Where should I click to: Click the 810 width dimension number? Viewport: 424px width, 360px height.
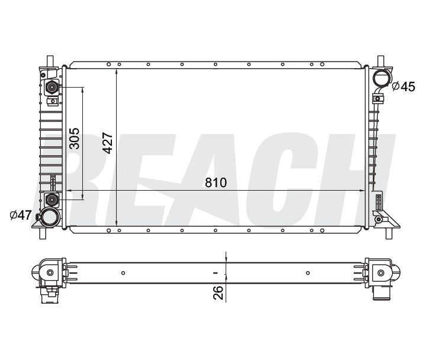coord(216,183)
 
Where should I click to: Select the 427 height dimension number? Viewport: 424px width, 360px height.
coord(108,143)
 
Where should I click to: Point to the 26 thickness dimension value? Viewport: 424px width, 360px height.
coord(218,292)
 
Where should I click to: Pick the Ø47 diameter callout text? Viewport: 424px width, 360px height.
coord(20,216)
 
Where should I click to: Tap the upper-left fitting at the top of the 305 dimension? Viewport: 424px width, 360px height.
coord(52,88)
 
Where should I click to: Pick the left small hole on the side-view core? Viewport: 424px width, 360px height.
coord(123,273)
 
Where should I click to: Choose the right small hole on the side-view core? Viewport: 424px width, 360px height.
coord(308,273)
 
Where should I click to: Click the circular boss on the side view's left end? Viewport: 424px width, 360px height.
coord(50,272)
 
